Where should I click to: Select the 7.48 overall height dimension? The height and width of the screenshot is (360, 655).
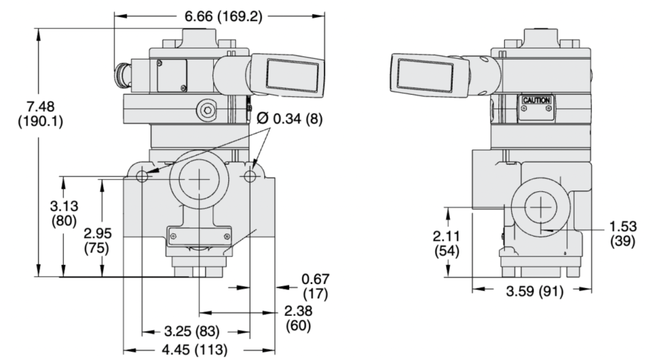[40, 113]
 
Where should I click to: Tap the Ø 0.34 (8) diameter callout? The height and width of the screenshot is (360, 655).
[291, 118]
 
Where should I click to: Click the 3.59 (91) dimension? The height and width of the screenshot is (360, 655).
[535, 292]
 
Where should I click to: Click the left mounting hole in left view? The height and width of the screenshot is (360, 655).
[142, 175]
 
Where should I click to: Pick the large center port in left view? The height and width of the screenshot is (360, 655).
[199, 180]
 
